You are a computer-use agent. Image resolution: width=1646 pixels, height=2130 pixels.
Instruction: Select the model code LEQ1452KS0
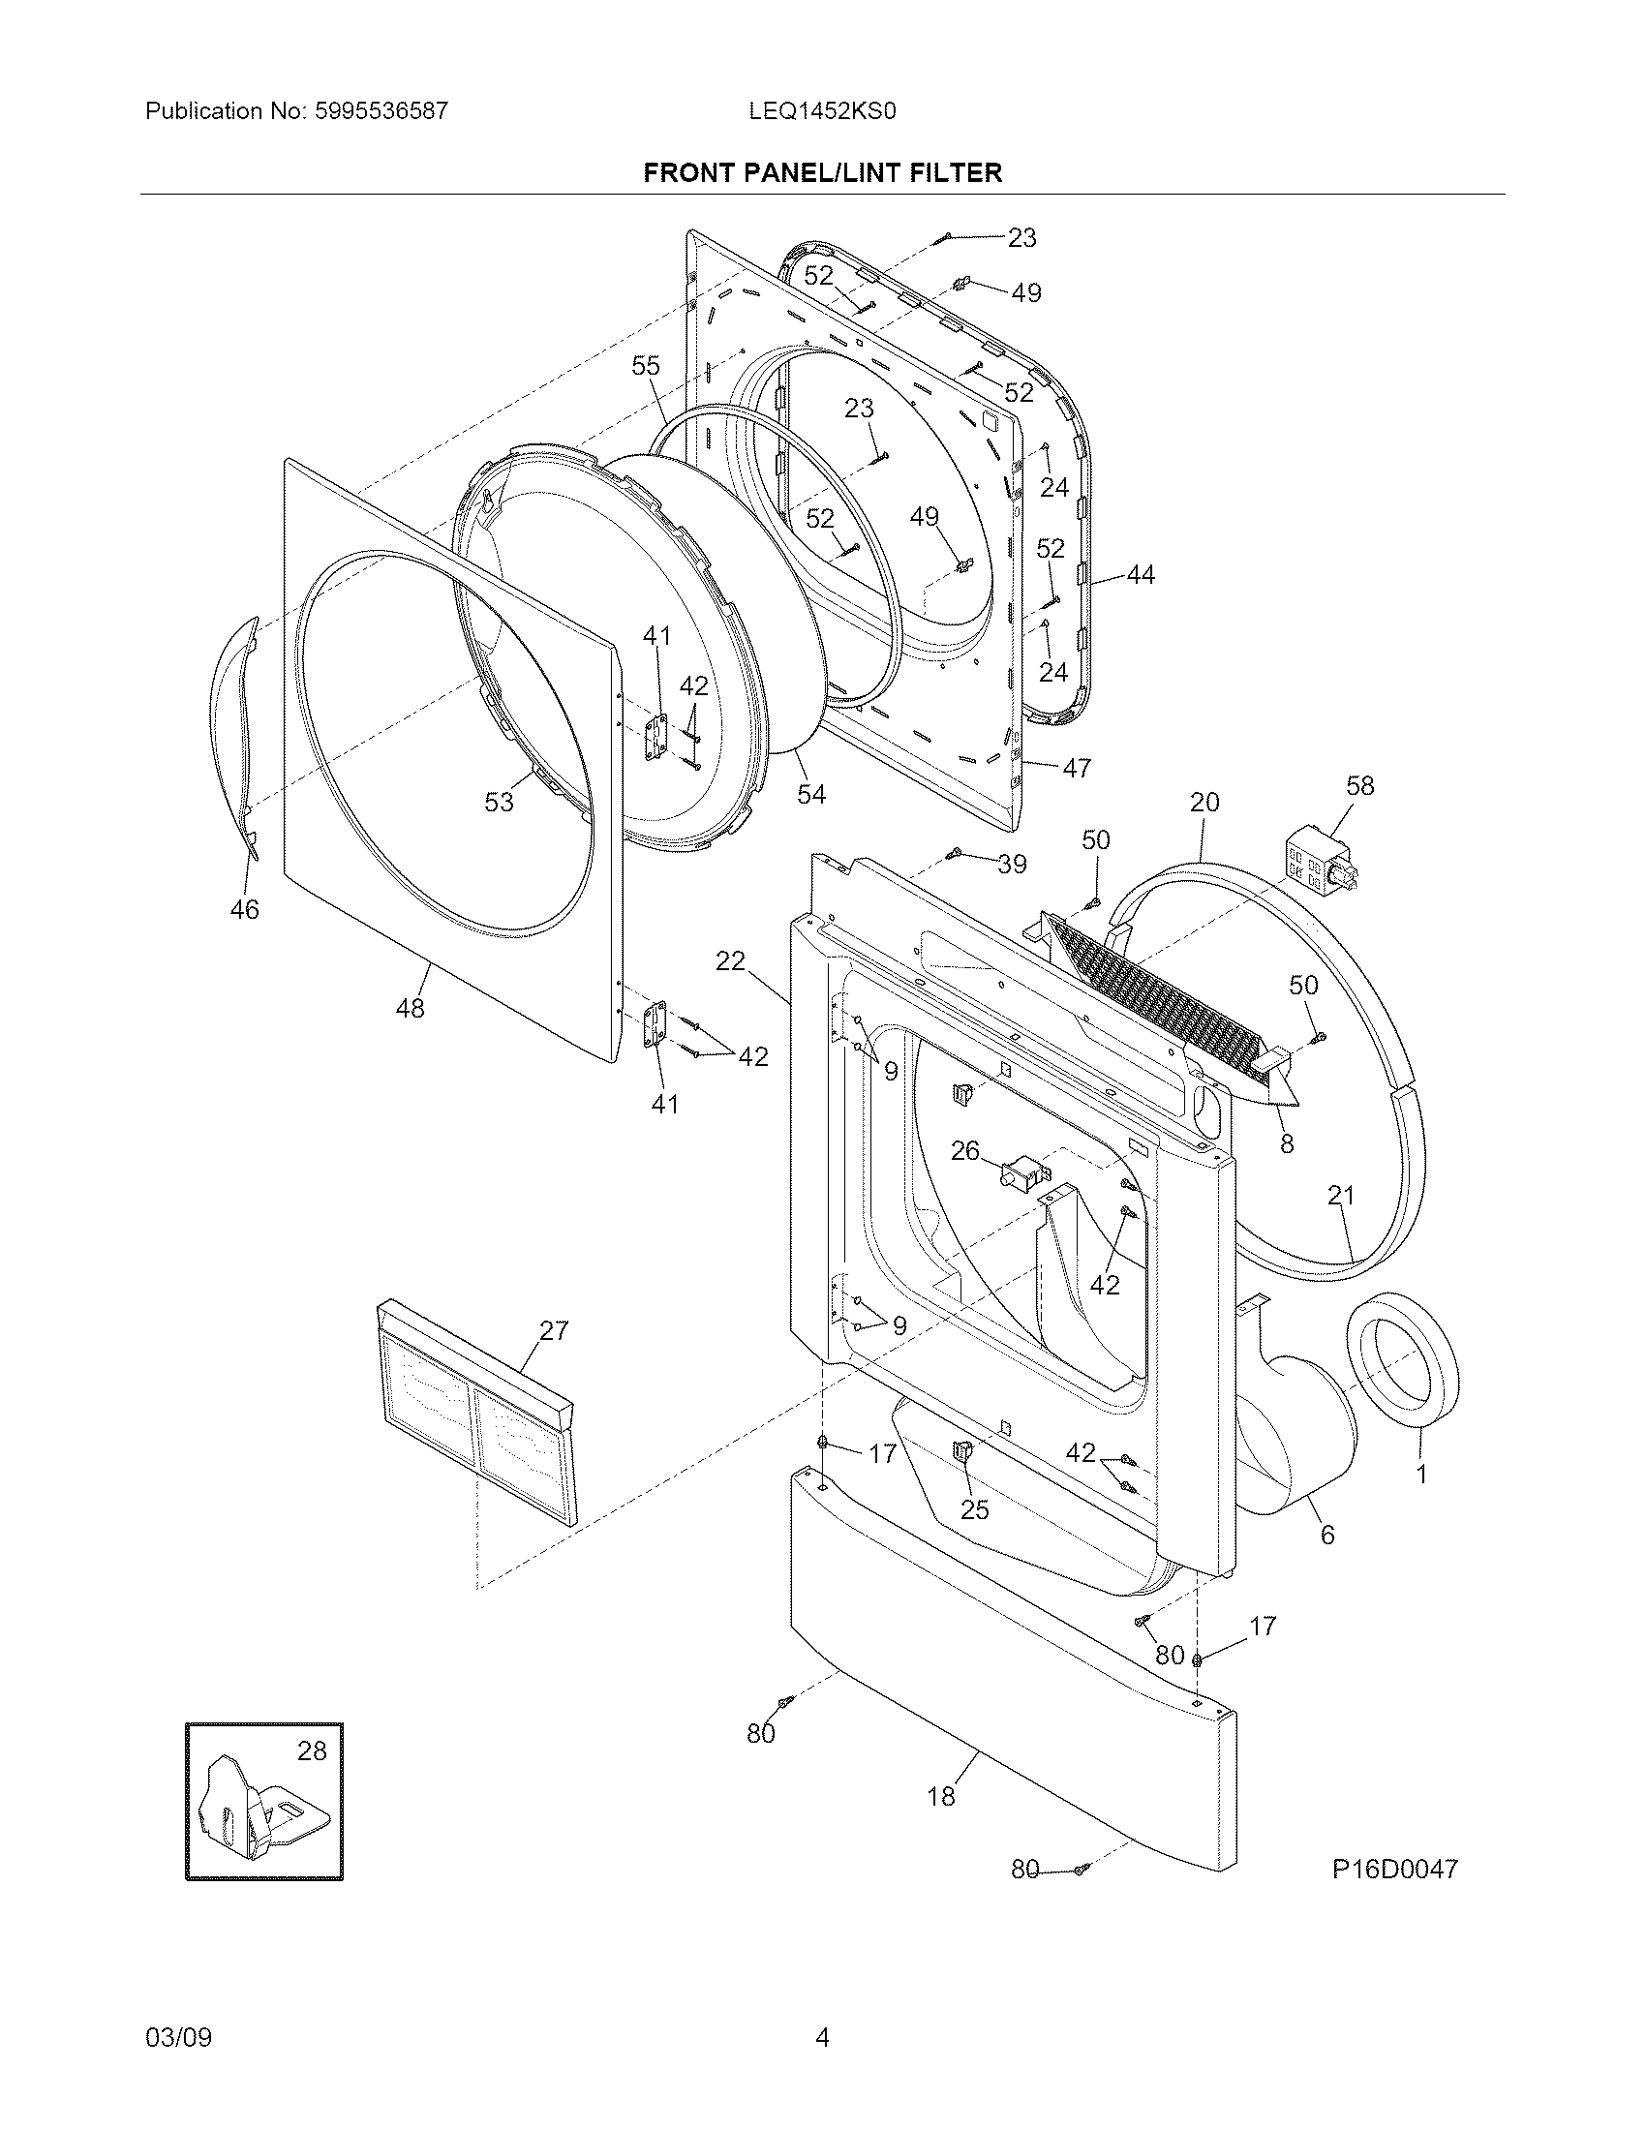[821, 111]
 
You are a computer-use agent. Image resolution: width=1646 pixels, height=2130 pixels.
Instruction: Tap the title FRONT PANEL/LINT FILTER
[822, 173]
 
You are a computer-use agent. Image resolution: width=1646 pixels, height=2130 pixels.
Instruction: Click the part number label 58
[1359, 785]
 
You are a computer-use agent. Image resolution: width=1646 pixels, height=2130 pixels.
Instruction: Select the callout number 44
[1140, 575]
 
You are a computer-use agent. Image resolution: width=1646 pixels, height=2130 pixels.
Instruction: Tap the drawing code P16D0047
[1394, 1868]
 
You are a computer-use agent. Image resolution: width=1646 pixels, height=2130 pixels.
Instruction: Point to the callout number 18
[941, 1795]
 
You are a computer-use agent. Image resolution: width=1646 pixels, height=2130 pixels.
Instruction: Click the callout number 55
[646, 366]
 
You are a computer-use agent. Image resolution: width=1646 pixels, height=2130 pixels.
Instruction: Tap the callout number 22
[730, 961]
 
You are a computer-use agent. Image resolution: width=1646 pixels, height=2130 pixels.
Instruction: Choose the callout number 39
[1012, 863]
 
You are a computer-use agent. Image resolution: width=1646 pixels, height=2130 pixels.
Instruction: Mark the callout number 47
[1077, 768]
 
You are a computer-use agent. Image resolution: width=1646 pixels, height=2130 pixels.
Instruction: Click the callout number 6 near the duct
[1326, 1535]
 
